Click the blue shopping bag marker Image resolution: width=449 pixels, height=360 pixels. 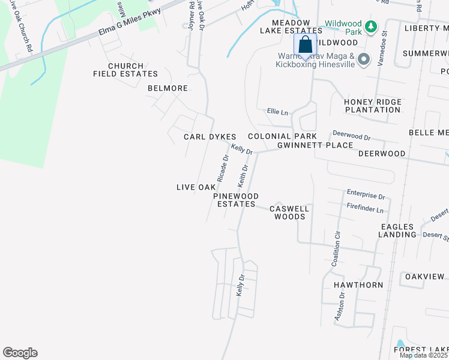coord(305,45)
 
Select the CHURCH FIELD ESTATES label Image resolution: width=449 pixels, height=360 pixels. coord(125,70)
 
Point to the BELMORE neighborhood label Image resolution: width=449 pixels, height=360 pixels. coord(168,88)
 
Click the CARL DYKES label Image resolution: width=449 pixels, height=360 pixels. coord(209,137)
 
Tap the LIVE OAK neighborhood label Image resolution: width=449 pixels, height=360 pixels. coord(196,187)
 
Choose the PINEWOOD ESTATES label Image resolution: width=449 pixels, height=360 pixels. coord(237,200)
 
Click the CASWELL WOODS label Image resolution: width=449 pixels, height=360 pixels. coord(290,212)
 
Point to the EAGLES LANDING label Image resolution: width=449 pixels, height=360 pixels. coord(397,230)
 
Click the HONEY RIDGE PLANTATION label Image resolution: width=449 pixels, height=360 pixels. coord(372,106)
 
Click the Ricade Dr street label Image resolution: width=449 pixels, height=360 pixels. coord(223,169)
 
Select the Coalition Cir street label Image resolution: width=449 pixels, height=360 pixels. coord(336,248)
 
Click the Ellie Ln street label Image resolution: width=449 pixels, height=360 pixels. coord(277,112)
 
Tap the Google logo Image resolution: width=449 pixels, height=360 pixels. coord(20,353)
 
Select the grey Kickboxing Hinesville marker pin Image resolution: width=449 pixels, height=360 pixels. coord(363,59)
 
